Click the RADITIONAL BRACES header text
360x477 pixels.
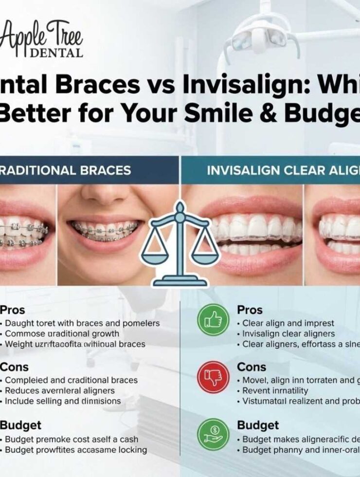coord(65,170)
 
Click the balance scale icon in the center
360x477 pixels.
coord(180,243)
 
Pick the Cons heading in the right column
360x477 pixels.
coord(252,367)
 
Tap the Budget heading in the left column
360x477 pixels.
coord(20,425)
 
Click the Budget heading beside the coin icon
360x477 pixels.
coord(258,425)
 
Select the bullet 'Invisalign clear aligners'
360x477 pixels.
coord(289,333)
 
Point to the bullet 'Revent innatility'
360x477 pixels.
coord(275,390)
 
